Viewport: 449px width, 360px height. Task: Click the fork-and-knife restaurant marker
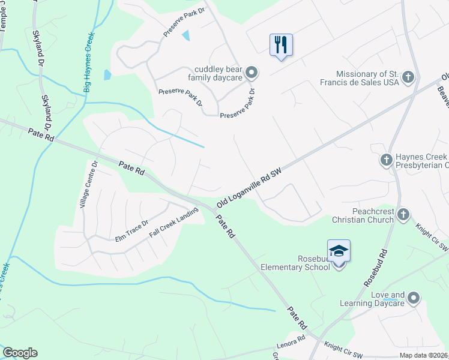coord(281,45)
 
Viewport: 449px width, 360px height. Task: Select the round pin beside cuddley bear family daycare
coord(252,73)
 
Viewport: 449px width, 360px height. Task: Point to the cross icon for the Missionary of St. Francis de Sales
coord(408,76)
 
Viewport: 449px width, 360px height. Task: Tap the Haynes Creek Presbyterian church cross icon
coord(387,160)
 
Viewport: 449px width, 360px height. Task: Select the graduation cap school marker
coord(339,251)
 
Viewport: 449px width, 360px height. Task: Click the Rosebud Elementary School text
coord(298,263)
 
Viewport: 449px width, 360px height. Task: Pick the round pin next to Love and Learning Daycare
coord(414,297)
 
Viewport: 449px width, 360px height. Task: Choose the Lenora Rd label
coord(291,346)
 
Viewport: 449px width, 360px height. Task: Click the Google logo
coord(20,353)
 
